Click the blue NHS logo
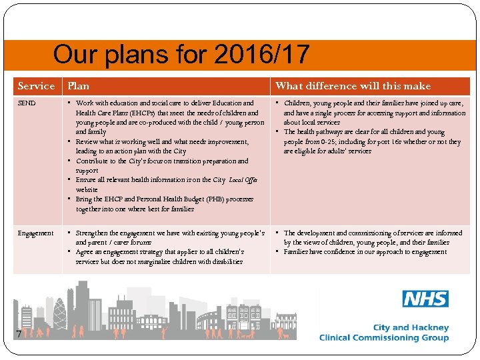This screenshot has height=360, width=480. [x=425, y=299]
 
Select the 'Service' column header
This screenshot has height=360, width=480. [x=36, y=86]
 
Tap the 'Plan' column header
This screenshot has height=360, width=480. [x=78, y=86]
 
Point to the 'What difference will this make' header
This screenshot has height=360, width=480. [x=353, y=86]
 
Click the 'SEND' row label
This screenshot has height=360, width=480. [x=27, y=103]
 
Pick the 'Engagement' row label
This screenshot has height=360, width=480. [x=35, y=233]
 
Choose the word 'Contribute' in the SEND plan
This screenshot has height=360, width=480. [x=94, y=161]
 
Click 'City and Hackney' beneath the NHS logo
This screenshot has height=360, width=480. [x=411, y=327]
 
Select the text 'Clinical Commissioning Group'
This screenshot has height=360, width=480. [x=383, y=338]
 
